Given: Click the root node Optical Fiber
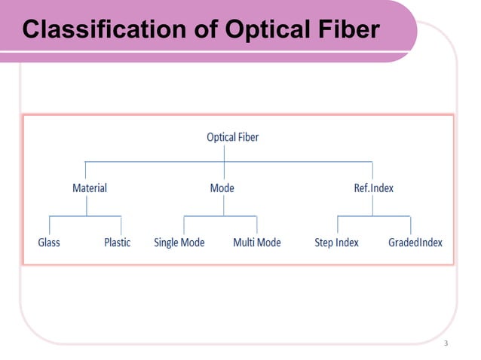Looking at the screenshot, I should (x=232, y=137).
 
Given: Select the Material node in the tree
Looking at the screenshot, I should (x=89, y=188).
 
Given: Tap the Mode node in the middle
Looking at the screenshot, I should (x=222, y=188).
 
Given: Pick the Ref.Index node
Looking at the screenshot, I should (x=374, y=188).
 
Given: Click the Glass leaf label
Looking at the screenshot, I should (x=49, y=243).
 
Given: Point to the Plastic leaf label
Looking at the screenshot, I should (x=117, y=243).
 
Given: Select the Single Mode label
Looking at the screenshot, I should (x=179, y=243).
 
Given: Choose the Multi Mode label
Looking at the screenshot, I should (x=256, y=243).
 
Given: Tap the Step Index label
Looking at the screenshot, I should (x=336, y=243).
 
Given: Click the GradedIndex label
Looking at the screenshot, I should (x=415, y=243).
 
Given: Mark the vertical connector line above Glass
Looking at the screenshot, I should (x=50, y=224).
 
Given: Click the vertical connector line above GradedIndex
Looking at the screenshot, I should (x=411, y=224).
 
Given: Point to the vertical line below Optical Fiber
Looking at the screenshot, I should (x=225, y=152).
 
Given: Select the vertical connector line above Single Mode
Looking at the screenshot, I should (x=184, y=224).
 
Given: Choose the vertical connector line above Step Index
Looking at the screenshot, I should (x=338, y=224).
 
